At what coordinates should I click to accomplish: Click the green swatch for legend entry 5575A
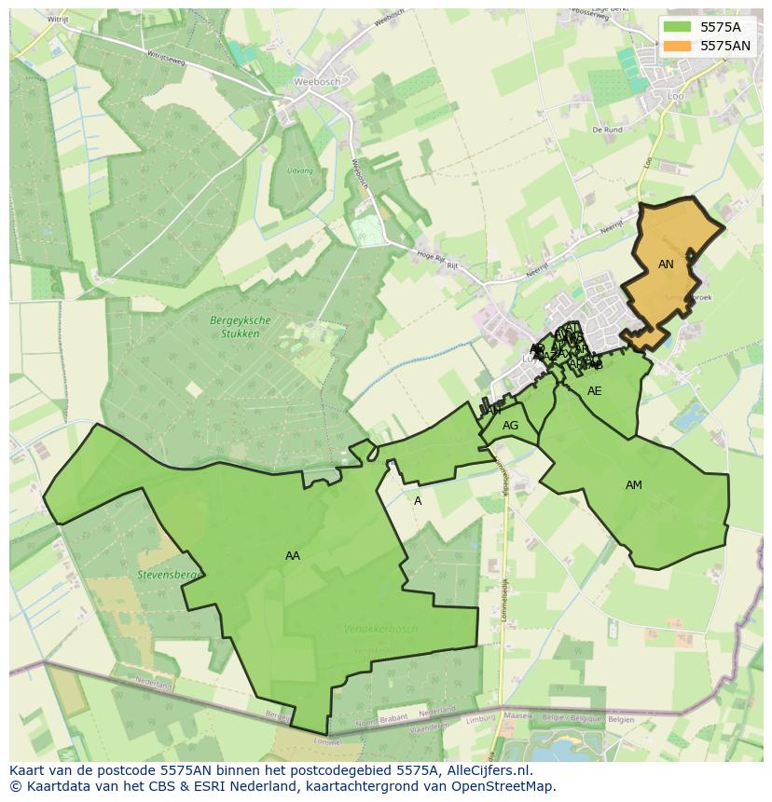(677, 27)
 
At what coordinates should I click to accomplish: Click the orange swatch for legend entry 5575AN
(677, 46)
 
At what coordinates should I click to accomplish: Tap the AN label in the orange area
(666, 265)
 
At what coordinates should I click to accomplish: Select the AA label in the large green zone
(293, 556)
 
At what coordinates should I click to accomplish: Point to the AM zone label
(634, 485)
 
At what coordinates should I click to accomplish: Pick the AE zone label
(594, 391)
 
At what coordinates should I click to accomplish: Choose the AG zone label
(510, 426)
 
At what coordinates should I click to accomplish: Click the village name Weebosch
(312, 81)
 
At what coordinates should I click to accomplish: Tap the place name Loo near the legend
(676, 96)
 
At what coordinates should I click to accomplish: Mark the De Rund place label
(607, 130)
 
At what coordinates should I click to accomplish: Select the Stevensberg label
(169, 576)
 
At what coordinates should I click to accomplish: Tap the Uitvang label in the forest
(300, 171)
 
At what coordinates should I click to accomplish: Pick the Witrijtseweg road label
(165, 59)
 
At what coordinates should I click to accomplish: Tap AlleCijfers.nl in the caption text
(485, 770)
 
